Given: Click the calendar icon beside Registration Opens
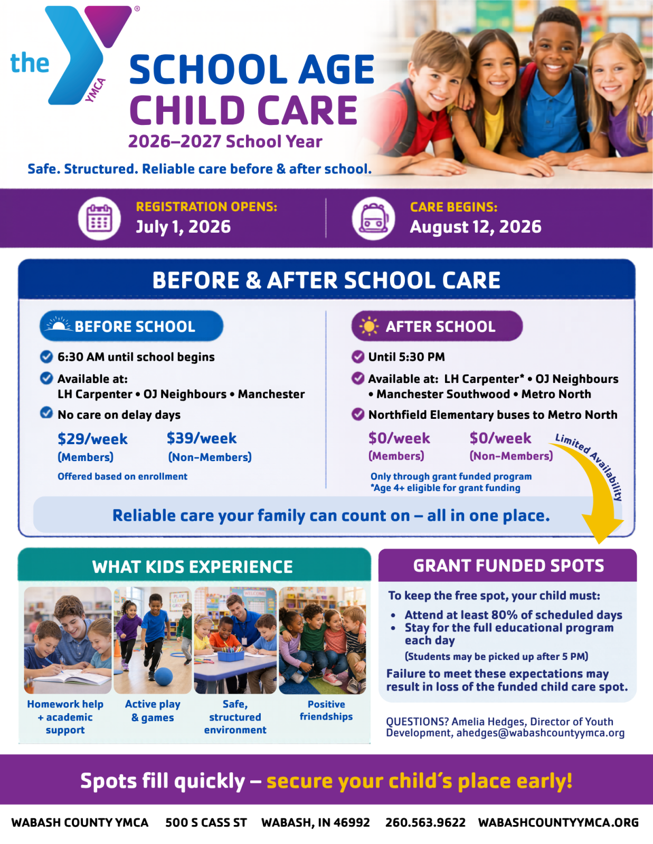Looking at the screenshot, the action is [99, 218].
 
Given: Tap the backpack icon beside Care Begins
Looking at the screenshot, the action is [374, 218].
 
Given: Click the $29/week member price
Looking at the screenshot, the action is [92, 439].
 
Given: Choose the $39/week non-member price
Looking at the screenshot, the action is [201, 438].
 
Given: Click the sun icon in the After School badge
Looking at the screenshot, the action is [368, 326].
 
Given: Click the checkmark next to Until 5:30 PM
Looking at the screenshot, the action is [357, 357].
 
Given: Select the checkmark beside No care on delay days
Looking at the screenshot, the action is [46, 413].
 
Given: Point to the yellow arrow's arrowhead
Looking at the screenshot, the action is [602, 530].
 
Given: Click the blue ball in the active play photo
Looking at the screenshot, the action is [163, 677].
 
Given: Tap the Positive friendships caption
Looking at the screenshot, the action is [326, 710].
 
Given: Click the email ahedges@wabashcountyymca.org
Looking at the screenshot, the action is [540, 733].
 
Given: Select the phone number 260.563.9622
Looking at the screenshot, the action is [425, 822].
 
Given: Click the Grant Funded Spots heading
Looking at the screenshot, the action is [508, 565].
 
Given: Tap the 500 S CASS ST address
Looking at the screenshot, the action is [206, 822].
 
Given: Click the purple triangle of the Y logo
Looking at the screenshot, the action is [108, 24].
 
